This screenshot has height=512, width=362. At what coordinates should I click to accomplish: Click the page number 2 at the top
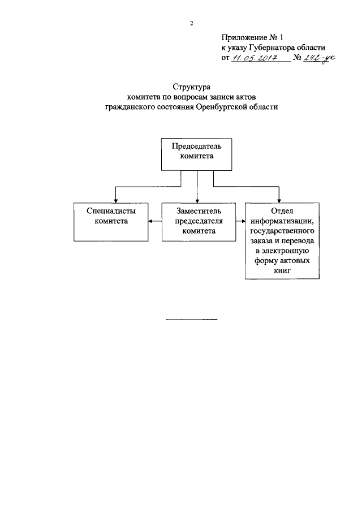click(192, 24)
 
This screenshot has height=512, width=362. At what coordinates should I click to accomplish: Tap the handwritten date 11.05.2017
click(255, 58)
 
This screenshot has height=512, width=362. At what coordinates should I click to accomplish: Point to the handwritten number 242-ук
click(319, 58)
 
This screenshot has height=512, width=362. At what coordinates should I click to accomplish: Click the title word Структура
click(192, 87)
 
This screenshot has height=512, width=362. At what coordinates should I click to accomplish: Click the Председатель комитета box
click(196, 154)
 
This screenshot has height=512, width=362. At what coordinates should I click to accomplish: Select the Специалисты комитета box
click(111, 222)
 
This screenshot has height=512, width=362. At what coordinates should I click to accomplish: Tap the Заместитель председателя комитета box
click(199, 222)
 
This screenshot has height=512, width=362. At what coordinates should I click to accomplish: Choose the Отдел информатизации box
click(282, 240)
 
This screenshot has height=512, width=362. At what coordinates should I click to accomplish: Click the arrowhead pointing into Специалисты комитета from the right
click(150, 221)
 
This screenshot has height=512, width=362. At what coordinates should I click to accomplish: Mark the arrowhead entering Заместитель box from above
click(197, 201)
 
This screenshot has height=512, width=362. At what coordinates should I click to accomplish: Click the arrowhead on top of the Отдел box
click(279, 201)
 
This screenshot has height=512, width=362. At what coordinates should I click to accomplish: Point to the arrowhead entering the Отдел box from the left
click(243, 221)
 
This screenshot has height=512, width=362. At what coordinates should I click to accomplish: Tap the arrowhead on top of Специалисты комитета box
click(115, 201)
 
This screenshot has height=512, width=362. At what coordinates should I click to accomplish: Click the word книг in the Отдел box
click(282, 270)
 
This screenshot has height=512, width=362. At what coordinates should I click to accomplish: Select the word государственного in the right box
click(282, 231)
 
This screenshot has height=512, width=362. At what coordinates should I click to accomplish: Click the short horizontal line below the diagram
click(192, 319)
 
